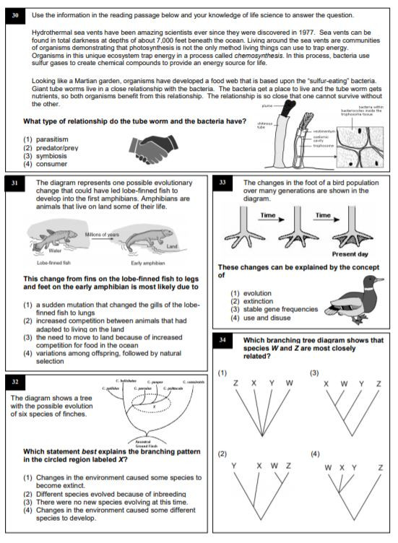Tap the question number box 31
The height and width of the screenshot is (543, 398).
(x=16, y=184)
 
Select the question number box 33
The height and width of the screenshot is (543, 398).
(x=224, y=184)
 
